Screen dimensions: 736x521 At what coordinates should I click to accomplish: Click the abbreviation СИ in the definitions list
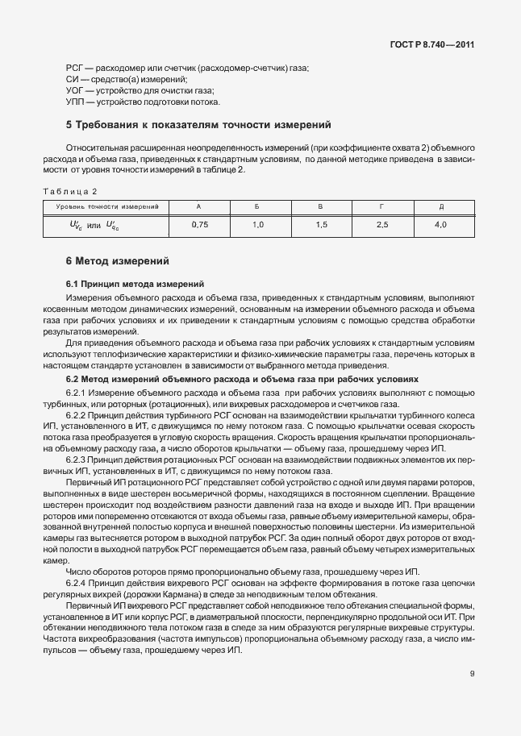click(72, 81)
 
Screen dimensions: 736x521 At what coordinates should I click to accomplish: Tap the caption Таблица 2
click(69, 192)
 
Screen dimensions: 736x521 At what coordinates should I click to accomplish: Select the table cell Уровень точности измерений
click(106, 207)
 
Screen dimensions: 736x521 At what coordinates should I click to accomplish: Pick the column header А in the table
click(199, 207)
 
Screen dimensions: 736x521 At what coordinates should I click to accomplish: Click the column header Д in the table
click(440, 207)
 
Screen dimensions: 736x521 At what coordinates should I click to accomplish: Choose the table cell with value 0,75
click(199, 225)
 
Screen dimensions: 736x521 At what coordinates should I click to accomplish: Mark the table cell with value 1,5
click(321, 225)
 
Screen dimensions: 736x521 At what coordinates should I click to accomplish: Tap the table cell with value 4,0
click(440, 225)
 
